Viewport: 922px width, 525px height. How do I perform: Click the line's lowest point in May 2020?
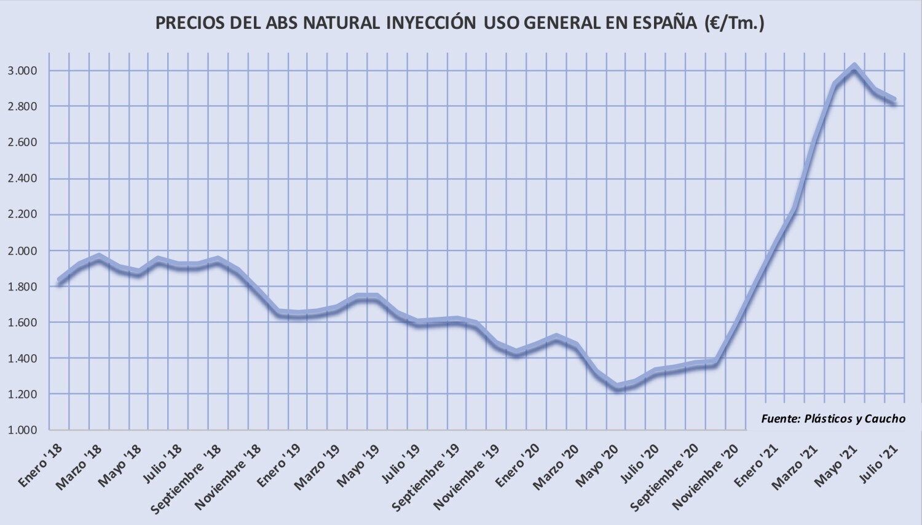tap(618, 387)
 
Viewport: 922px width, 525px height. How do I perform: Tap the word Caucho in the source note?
tap(885, 418)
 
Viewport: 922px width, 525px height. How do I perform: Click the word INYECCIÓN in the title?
tap(431, 23)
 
